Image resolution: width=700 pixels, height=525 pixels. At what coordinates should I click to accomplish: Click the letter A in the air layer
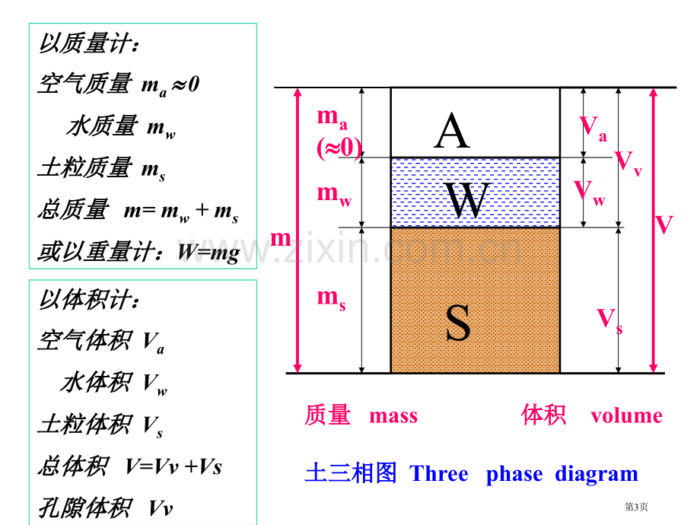point(452,130)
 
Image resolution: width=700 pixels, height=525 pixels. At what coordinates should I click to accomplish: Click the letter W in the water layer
point(468,199)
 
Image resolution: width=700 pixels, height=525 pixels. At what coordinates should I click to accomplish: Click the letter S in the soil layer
point(458,322)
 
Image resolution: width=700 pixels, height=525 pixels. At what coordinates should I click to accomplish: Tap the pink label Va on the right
point(593,128)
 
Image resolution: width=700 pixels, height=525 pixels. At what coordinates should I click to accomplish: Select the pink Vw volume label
point(589,192)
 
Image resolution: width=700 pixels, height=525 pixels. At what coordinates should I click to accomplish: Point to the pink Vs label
point(609,320)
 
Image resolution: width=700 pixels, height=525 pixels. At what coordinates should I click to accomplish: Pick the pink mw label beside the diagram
point(334,196)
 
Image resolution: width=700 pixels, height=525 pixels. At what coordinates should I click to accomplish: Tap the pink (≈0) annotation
point(339,148)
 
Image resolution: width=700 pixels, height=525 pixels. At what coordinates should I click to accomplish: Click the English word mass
point(393,416)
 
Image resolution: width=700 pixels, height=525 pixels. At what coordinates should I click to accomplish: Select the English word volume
point(626,415)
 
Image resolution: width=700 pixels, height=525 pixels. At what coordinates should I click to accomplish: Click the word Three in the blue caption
point(439,473)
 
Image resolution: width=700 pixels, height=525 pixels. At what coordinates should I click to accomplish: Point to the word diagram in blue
point(597,474)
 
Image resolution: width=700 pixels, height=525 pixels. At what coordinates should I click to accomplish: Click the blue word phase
point(514,475)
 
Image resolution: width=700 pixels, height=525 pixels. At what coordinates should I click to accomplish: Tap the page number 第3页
point(636,507)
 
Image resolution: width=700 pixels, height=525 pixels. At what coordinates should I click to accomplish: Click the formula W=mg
point(209,253)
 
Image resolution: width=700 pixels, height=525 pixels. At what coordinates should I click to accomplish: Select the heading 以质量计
point(89,43)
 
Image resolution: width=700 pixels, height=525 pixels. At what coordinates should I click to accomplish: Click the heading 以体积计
point(89,299)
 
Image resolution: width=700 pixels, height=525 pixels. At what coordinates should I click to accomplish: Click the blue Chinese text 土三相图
point(351,473)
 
